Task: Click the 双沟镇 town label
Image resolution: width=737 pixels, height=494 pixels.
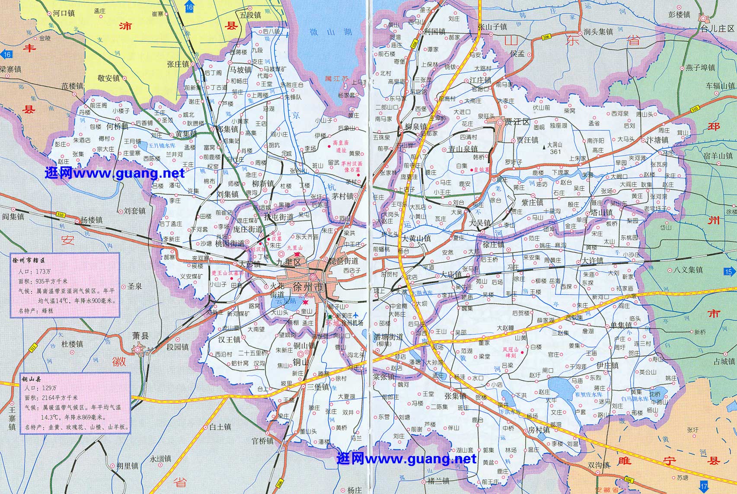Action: coord(599,465)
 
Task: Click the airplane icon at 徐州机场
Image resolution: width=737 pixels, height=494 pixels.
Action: coord(355,315)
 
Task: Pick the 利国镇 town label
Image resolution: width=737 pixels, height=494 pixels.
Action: coord(435,32)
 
